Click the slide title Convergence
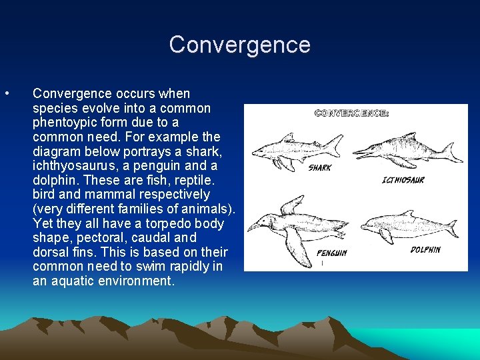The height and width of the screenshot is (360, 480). (240, 45)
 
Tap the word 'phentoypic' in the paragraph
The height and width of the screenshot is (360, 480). (64, 123)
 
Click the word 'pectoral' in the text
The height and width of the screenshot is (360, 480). (88, 238)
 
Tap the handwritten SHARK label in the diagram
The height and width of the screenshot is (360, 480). (320, 168)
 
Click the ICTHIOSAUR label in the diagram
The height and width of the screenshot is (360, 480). (403, 180)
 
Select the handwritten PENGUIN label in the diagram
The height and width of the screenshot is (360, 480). (331, 253)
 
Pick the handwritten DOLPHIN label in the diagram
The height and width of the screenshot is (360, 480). (425, 249)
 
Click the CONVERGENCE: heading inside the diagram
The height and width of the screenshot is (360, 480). (351, 113)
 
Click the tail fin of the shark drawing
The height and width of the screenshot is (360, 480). (335, 143)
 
